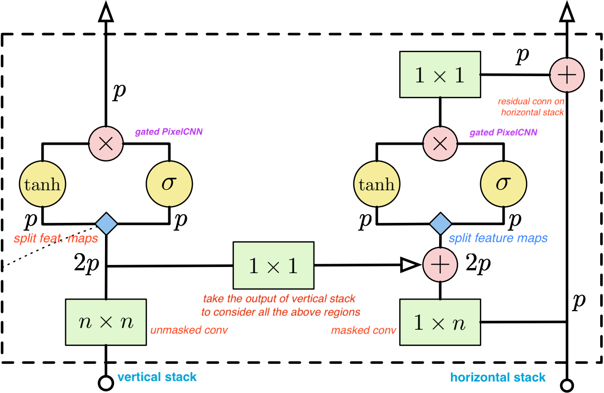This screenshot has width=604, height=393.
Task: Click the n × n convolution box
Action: click(105, 322)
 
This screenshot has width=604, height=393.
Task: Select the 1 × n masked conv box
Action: click(440, 322)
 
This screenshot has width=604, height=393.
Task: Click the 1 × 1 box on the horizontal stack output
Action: click(440, 75)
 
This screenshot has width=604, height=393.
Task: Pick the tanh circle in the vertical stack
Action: click(42, 184)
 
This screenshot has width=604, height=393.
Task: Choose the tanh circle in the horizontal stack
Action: click(376, 184)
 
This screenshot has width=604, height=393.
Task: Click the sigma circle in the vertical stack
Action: click(168, 184)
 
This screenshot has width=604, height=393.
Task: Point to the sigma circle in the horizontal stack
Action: click(503, 184)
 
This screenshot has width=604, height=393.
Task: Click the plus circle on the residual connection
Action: click(567, 75)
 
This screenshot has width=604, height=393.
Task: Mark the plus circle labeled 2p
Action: click(440, 265)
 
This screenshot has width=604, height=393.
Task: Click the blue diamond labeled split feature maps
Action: click(440, 223)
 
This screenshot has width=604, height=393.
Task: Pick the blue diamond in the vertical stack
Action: click(105, 223)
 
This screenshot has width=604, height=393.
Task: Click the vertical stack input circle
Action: click(105, 383)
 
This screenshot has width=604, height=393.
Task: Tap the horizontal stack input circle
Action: click(567, 384)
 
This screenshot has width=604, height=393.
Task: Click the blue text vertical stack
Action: click(157, 377)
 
